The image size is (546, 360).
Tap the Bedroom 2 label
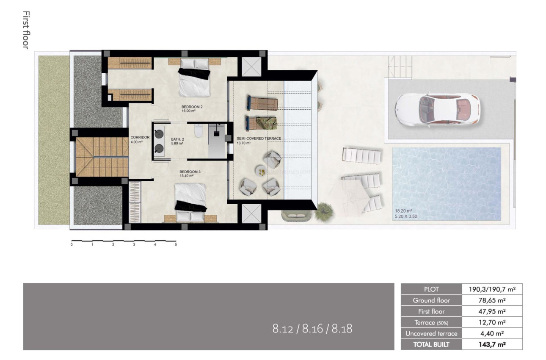[192, 107]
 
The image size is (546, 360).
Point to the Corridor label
[140, 138]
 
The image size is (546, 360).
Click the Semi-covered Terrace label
[259, 138]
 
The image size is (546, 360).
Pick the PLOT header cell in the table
[431, 289]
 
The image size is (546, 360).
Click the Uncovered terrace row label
[431, 333]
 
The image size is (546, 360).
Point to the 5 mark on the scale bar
[176, 245]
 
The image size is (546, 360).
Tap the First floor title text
[25, 30]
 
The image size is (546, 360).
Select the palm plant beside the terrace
[324, 209]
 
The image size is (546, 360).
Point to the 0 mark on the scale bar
[72, 245]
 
